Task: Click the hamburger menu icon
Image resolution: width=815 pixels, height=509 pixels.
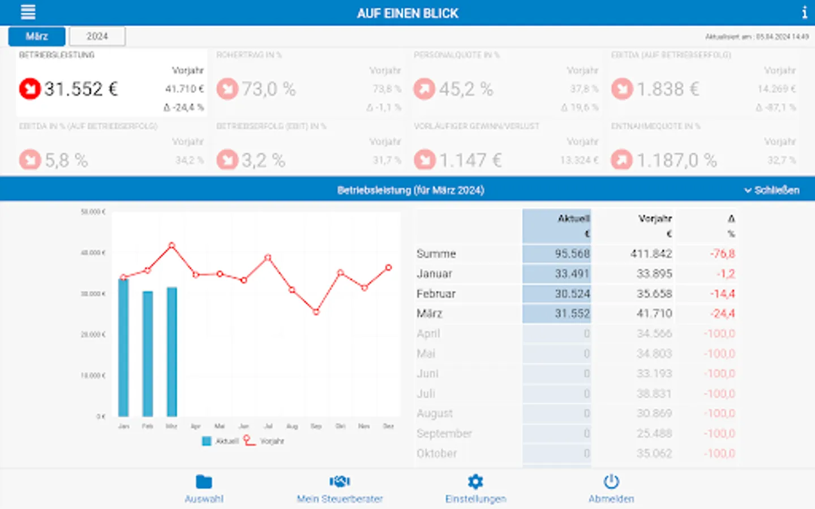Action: [28, 12]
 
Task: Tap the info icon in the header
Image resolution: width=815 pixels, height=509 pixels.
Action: [804, 12]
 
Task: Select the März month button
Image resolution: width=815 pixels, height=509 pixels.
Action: [37, 36]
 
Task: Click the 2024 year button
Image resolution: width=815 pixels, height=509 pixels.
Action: [97, 36]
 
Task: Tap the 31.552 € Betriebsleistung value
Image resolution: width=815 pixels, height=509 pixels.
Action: [81, 89]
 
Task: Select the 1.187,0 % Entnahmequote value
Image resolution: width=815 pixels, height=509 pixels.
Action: [676, 160]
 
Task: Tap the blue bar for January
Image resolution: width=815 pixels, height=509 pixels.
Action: [123, 348]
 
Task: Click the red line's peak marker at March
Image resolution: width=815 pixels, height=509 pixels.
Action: [171, 245]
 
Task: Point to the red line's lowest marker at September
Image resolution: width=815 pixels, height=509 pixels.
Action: [316, 312]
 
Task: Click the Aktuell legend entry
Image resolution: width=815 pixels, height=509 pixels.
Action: [221, 441]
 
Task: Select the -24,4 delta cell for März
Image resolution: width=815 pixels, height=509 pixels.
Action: [722, 313]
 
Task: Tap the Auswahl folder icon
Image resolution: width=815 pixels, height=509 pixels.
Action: [204, 481]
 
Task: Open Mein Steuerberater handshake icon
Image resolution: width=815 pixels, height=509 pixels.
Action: [340, 481]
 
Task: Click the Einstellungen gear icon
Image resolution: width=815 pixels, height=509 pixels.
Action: [475, 481]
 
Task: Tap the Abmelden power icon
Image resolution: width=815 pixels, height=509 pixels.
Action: [611, 481]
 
